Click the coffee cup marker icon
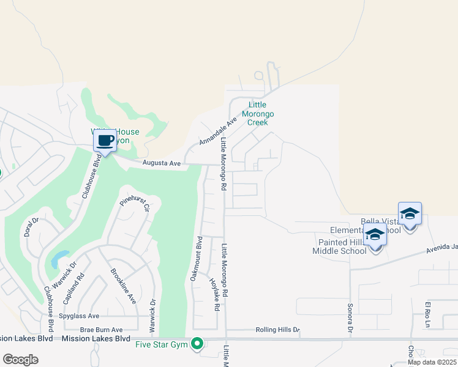point(105,141)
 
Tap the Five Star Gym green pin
point(197,344)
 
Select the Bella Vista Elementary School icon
point(410,214)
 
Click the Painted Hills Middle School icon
point(375,235)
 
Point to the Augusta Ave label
point(162,163)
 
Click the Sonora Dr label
point(351,318)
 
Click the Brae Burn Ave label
point(97,330)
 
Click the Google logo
point(20,360)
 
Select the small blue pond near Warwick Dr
point(59,259)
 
